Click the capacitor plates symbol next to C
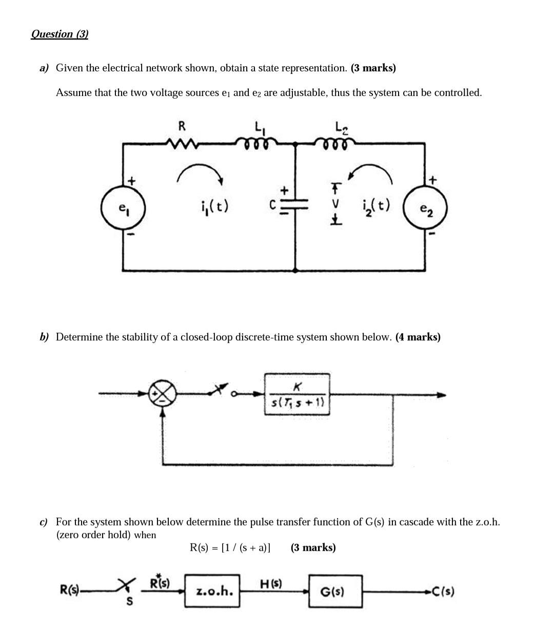coord(295,204)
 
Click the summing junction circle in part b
coord(163,394)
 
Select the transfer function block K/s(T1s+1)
coord(297,394)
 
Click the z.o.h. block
coord(213,591)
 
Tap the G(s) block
coord(335,591)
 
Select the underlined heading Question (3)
coord(60,34)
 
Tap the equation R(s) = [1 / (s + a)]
coord(230,548)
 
